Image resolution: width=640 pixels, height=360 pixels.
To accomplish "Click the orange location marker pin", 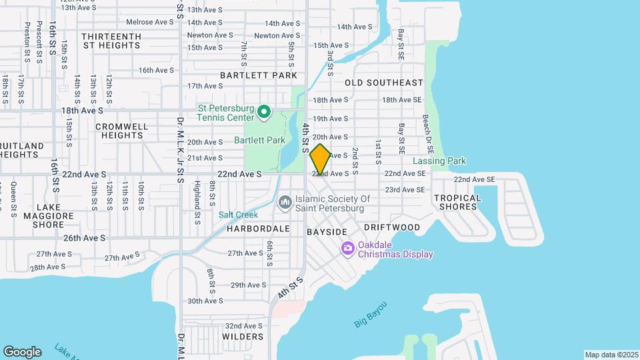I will click(321, 159).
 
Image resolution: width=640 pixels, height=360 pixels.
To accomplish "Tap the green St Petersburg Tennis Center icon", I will click(264, 112).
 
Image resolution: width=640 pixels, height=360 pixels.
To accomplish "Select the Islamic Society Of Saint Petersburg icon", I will click(285, 201).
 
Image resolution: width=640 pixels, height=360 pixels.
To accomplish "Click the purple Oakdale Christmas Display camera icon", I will click(347, 249).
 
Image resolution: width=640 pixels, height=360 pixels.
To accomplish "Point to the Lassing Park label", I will click(439, 161).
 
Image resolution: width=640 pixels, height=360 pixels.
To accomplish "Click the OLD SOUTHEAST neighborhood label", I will click(383, 83).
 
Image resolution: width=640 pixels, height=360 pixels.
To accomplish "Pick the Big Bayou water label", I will click(370, 314).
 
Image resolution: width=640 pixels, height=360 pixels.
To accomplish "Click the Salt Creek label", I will click(238, 215).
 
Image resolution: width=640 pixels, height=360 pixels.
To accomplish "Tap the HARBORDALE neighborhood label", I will click(258, 228).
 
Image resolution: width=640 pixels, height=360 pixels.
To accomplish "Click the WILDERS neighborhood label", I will click(243, 337).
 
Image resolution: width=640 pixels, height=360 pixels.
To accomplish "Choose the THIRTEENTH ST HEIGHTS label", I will click(111, 41).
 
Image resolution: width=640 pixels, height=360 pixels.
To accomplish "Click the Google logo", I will click(22, 352).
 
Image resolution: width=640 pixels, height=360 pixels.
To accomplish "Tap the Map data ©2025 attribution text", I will click(611, 355).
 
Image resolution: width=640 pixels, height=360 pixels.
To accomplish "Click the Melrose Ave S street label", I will click(150, 22).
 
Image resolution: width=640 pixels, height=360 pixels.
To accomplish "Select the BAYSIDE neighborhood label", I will click(327, 231).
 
